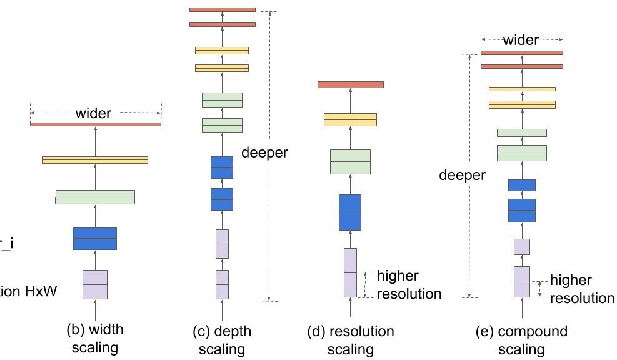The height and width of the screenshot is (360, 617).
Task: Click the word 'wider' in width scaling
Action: click(93, 113)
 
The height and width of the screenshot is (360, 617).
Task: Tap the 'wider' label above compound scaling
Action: click(521, 41)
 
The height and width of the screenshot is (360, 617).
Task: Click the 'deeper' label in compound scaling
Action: click(462, 176)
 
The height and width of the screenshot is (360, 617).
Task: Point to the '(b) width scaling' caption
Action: click(96, 337)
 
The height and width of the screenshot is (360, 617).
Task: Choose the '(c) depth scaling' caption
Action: click(222, 337)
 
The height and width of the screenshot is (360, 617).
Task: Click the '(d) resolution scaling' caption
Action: click(350, 337)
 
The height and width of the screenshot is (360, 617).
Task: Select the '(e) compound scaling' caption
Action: click(522, 337)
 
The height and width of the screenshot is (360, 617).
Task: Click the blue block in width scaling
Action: click(95, 239)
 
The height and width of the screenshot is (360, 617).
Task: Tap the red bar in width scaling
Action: click(95, 124)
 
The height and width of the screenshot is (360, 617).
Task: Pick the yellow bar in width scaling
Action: click(95, 160)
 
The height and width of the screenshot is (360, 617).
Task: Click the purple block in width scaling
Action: click(95, 285)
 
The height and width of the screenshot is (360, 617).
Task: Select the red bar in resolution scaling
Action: click(350, 84)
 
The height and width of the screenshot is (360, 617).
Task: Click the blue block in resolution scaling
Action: click(350, 212)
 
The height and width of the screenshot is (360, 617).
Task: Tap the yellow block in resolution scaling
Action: click(350, 119)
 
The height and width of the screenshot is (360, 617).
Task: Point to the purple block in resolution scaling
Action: click(350, 272)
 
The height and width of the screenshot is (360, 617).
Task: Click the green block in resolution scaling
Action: click(350, 161)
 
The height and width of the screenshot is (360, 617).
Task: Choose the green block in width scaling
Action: click(95, 197)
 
